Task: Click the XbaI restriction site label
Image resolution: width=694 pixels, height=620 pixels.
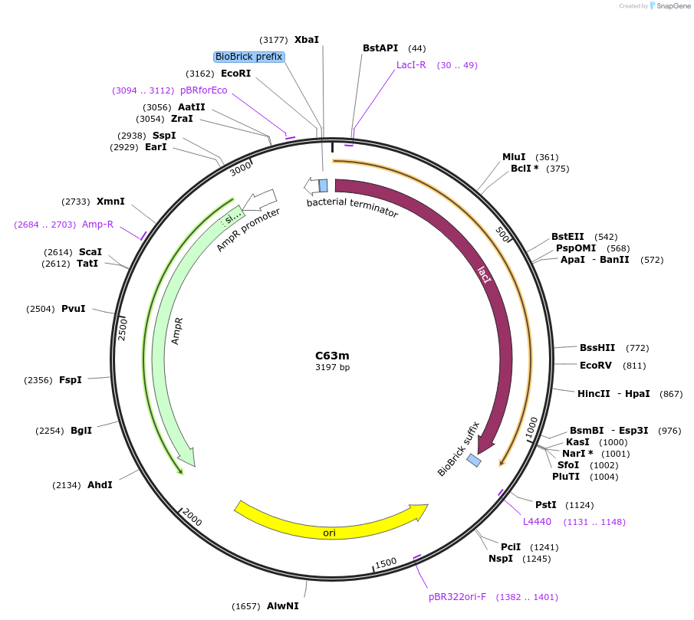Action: (306, 39)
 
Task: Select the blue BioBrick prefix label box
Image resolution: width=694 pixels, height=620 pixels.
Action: (249, 57)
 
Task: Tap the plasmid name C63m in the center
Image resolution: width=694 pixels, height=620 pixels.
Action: (332, 356)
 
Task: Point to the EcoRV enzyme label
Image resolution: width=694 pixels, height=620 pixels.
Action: (595, 366)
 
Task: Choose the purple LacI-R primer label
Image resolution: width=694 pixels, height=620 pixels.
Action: (411, 65)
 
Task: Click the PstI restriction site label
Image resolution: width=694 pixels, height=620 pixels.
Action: (545, 505)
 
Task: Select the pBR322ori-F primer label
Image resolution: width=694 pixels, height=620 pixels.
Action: (457, 596)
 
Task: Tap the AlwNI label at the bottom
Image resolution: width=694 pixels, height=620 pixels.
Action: (282, 605)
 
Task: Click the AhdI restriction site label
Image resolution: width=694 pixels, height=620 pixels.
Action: (100, 484)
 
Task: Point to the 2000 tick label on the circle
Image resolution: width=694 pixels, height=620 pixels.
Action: (192, 521)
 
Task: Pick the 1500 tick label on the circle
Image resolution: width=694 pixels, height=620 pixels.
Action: (386, 563)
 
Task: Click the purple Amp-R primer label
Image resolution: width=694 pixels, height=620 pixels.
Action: (97, 224)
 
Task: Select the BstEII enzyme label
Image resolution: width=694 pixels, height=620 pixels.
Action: (567, 237)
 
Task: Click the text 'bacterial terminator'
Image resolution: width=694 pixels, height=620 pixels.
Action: (352, 207)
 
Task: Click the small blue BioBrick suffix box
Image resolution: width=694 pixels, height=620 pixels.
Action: (475, 461)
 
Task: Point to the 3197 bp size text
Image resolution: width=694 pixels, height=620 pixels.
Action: (332, 368)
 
